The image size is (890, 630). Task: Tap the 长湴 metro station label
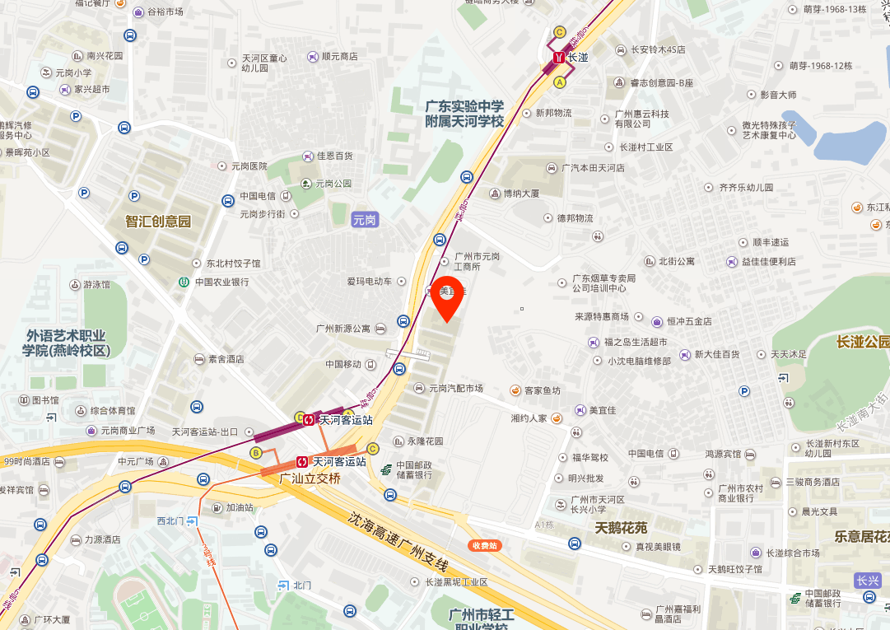coord(578,58)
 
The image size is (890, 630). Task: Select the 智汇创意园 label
coord(158,222)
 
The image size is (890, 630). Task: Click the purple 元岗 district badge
coord(364,219)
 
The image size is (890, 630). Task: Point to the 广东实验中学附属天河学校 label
coord(464,114)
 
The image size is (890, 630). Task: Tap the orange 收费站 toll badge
coord(485,545)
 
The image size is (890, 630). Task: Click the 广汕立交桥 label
coord(310,478)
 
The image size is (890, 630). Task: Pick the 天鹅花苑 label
coord(621,527)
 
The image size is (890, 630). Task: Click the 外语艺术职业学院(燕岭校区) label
coord(66,343)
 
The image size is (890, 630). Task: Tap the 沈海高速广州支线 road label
coord(397,543)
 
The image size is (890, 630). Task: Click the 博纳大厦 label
coord(520,194)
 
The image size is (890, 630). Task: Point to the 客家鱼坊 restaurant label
coord(542,390)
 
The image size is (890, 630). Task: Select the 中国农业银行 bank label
coord(221,282)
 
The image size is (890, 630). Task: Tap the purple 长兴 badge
coord(868,580)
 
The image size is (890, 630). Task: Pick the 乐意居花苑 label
coord(861,537)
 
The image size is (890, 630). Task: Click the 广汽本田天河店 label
coord(593,168)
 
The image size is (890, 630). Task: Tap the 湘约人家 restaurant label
coord(529,418)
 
